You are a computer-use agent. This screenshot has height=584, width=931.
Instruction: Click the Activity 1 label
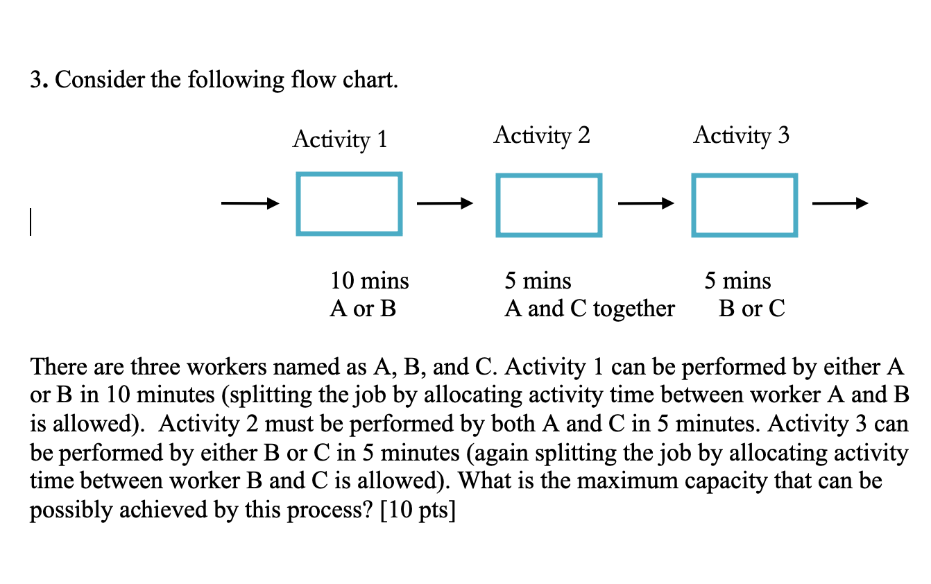coord(339,140)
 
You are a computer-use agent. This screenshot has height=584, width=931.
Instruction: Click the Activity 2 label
coord(542,135)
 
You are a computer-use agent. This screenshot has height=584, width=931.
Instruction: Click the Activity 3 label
coord(741,135)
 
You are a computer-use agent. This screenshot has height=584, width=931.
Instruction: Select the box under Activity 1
coord(349,204)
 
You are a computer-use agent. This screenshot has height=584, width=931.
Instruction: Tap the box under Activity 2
coord(549,205)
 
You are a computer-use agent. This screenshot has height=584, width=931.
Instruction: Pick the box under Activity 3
coord(744,205)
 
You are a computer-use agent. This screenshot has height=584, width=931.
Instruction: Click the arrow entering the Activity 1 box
coord(250,204)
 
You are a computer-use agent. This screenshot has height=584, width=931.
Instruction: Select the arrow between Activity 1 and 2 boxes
coord(445,204)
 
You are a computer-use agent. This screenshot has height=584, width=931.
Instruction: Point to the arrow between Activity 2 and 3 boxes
coord(645,204)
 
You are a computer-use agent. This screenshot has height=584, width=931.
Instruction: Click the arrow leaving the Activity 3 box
coord(839,204)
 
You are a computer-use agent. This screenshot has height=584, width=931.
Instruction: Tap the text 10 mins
coord(370,281)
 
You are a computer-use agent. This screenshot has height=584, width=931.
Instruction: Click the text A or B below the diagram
coord(363,309)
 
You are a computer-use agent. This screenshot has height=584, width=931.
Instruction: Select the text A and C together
coord(590,309)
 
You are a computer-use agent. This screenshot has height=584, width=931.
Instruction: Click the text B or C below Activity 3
coord(752,309)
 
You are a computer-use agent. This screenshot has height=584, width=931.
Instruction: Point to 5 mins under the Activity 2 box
coord(538,281)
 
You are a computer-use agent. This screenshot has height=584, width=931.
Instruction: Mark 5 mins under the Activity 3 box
coord(737,281)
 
